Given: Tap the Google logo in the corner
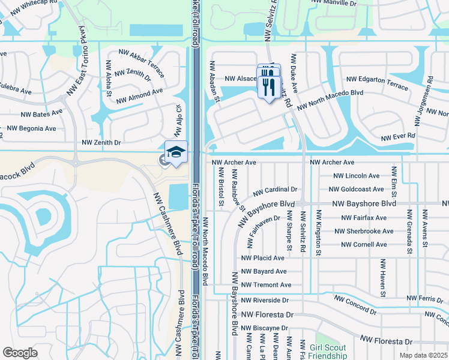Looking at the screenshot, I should (x=20, y=352).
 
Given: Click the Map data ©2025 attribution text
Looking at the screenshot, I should (x=423, y=355).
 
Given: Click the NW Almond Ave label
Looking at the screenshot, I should (x=139, y=95).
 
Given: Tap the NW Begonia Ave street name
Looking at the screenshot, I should (x=31, y=128).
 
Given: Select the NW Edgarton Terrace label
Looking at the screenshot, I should (x=377, y=80).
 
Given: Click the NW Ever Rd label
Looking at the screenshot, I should (x=398, y=136).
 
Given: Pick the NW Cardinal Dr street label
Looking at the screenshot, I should (x=275, y=191).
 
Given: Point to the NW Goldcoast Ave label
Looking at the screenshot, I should (x=357, y=188).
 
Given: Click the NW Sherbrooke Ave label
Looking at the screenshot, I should (x=364, y=231).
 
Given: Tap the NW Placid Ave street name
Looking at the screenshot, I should (x=262, y=258).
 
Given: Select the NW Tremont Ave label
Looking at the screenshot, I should (x=266, y=285).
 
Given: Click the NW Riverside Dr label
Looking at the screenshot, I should (x=265, y=300).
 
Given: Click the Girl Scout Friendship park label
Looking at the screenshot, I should (x=328, y=352).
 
